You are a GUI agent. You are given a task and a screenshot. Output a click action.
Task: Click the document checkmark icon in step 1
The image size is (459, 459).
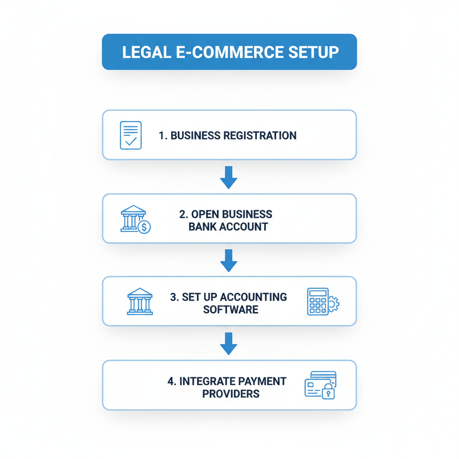[x=131, y=135]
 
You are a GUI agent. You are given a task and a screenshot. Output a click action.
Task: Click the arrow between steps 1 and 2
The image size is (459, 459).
[x=229, y=177]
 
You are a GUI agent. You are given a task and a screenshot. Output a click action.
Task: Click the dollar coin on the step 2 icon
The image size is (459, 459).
[x=144, y=227]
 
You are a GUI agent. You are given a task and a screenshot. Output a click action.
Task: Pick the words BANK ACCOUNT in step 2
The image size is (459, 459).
[x=228, y=227]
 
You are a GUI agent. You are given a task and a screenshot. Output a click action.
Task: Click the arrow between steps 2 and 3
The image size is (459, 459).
[x=229, y=260]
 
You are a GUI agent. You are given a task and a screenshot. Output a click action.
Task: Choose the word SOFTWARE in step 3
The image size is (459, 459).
[x=230, y=310]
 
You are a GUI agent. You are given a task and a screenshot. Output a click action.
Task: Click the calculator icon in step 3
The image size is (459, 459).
[x=318, y=301]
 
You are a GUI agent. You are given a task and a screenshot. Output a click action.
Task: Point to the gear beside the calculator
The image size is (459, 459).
[x=333, y=304]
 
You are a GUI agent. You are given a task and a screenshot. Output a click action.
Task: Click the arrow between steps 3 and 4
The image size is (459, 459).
[x=229, y=343]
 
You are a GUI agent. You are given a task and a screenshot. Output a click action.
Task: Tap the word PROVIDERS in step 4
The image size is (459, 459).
[x=230, y=394]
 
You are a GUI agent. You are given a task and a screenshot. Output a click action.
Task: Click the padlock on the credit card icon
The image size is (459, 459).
[x=329, y=392]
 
